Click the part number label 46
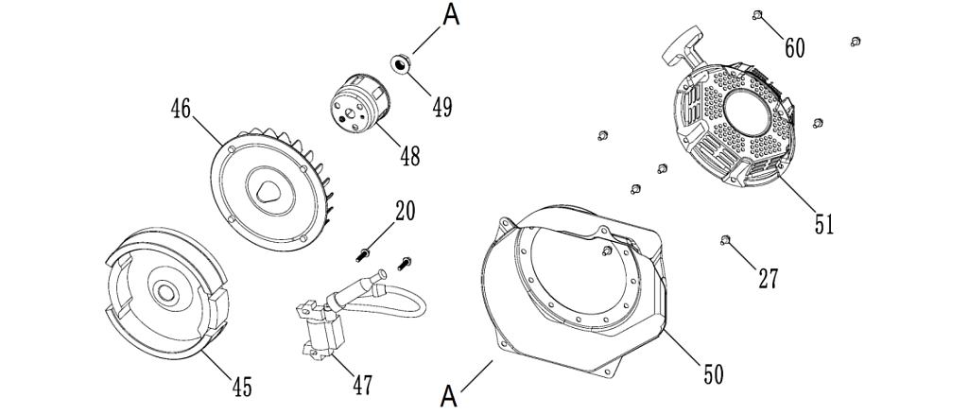(182, 108)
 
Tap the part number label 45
(242, 386)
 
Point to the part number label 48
(409, 154)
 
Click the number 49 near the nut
(441, 106)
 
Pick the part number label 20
(405, 210)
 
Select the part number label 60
(795, 47)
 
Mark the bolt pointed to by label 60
(759, 13)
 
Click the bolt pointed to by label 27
(725, 238)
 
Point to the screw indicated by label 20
(364, 252)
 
